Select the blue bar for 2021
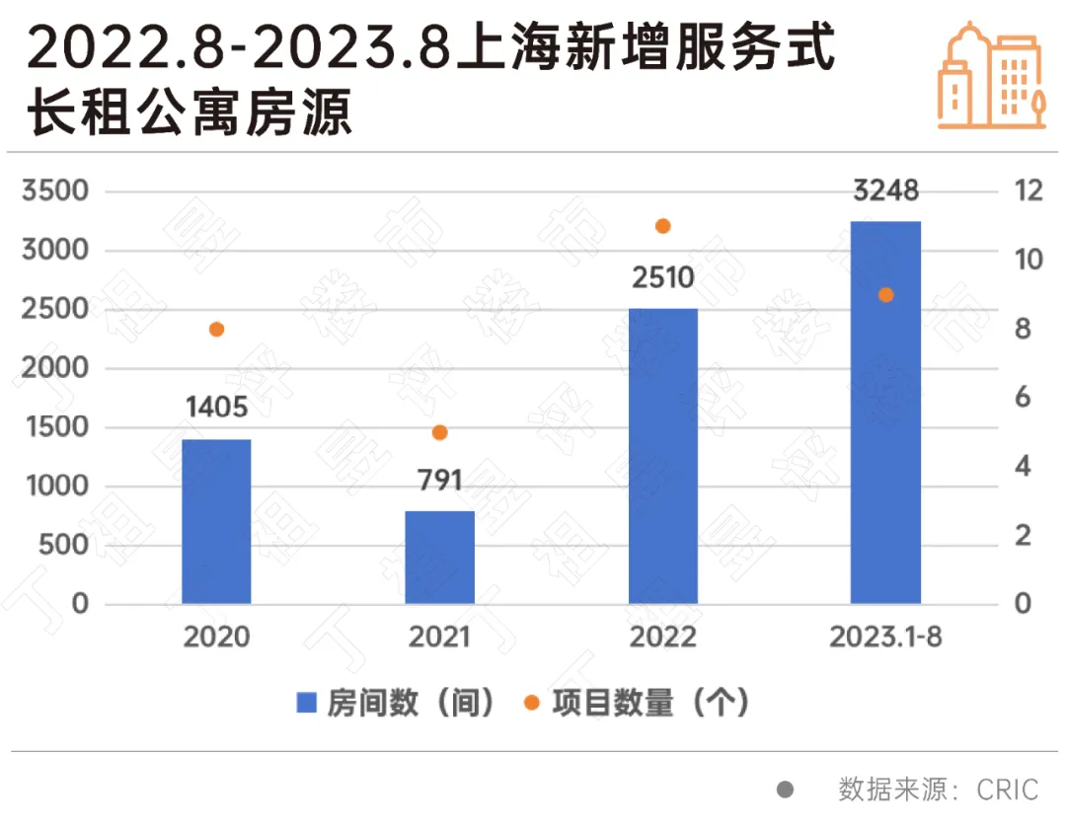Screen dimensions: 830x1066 440,558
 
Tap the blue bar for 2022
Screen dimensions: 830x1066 663,456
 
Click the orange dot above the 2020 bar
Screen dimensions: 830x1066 217,330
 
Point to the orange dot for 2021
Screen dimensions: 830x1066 440,432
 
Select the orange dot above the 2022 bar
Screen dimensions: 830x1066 663,226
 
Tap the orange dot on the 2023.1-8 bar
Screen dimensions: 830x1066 886,295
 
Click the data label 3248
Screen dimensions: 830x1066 885,189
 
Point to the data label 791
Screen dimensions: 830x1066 440,481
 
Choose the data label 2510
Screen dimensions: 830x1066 663,277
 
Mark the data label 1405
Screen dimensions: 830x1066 216,407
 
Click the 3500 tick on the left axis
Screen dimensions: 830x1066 55,191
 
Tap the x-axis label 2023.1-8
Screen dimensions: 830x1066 885,637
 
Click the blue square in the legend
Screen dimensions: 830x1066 307,704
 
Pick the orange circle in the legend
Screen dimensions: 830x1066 532,704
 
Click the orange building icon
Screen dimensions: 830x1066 990,75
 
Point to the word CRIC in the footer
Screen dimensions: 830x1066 1008,790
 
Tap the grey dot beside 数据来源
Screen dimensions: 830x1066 786,790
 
